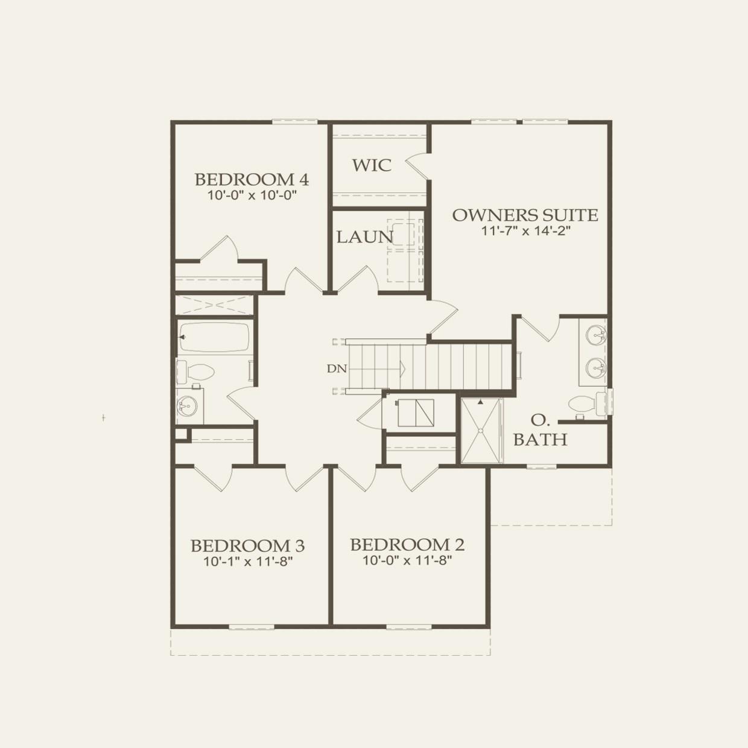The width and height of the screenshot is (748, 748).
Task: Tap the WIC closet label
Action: (372, 165)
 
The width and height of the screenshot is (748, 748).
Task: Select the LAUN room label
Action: (364, 237)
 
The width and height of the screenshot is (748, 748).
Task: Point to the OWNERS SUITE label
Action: (525, 215)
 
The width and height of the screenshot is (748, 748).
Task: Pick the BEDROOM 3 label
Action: (247, 546)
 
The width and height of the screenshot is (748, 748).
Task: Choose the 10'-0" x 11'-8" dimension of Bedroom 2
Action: (407, 560)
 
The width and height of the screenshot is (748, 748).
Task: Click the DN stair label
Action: (337, 369)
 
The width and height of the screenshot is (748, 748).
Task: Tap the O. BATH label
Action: (540, 431)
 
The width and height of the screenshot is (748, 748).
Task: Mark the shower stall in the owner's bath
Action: (481, 430)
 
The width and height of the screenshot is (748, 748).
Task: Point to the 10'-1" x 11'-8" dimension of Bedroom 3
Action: (248, 561)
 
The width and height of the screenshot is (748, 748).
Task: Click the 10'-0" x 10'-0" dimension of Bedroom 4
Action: (252, 195)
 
